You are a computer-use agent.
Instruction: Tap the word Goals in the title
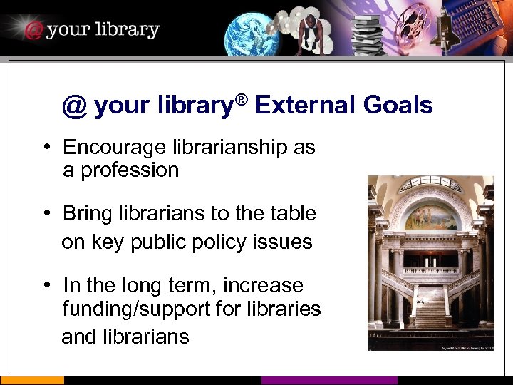click(x=398, y=106)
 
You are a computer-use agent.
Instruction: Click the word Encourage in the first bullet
click(x=114, y=147)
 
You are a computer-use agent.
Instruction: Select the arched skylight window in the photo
click(x=430, y=183)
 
